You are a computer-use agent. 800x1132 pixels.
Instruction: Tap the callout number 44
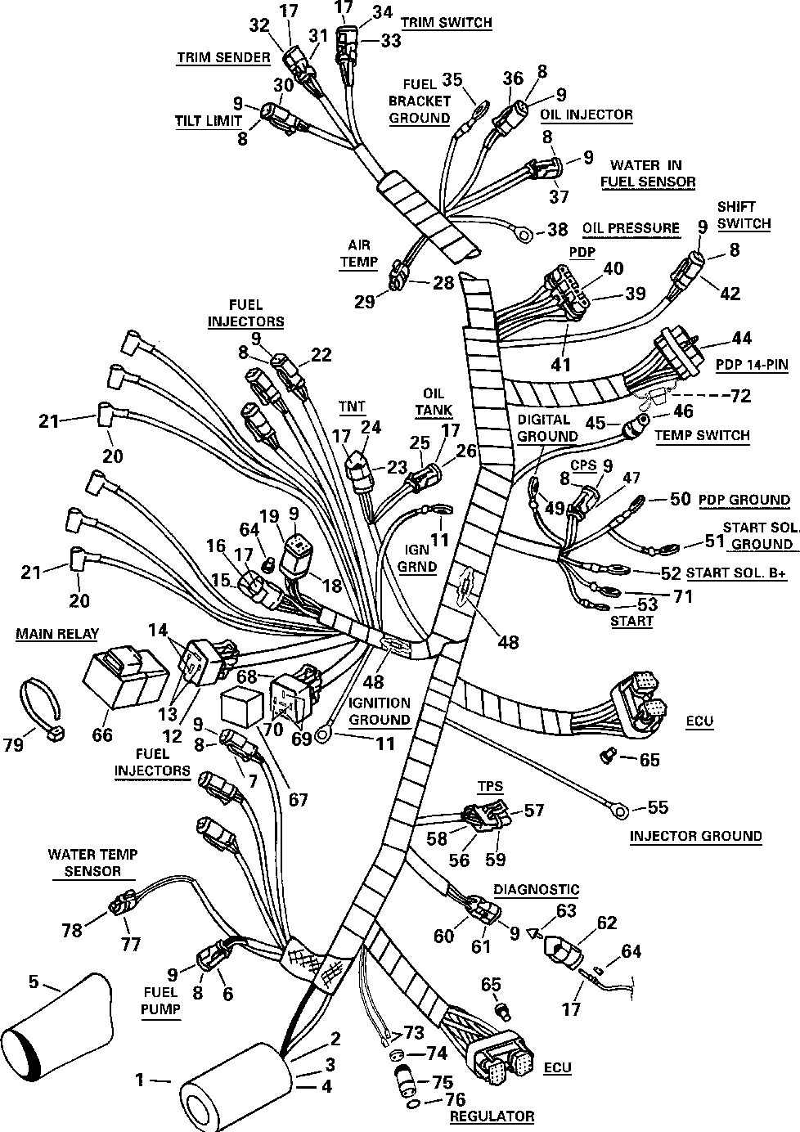coord(742,337)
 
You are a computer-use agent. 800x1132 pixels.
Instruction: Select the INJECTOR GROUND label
coord(695,835)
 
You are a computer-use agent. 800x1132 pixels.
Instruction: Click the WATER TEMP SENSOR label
coord(92,862)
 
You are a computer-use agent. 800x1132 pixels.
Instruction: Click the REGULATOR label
coord(492,1116)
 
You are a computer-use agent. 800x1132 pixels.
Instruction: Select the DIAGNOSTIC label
coord(536,889)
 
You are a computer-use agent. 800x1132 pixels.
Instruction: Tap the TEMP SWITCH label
coord(702,434)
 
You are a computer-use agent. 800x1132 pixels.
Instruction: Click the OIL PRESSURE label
coord(631,227)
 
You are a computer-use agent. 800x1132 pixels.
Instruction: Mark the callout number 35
coord(452,79)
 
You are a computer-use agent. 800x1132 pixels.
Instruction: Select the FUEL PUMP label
coord(160,999)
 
